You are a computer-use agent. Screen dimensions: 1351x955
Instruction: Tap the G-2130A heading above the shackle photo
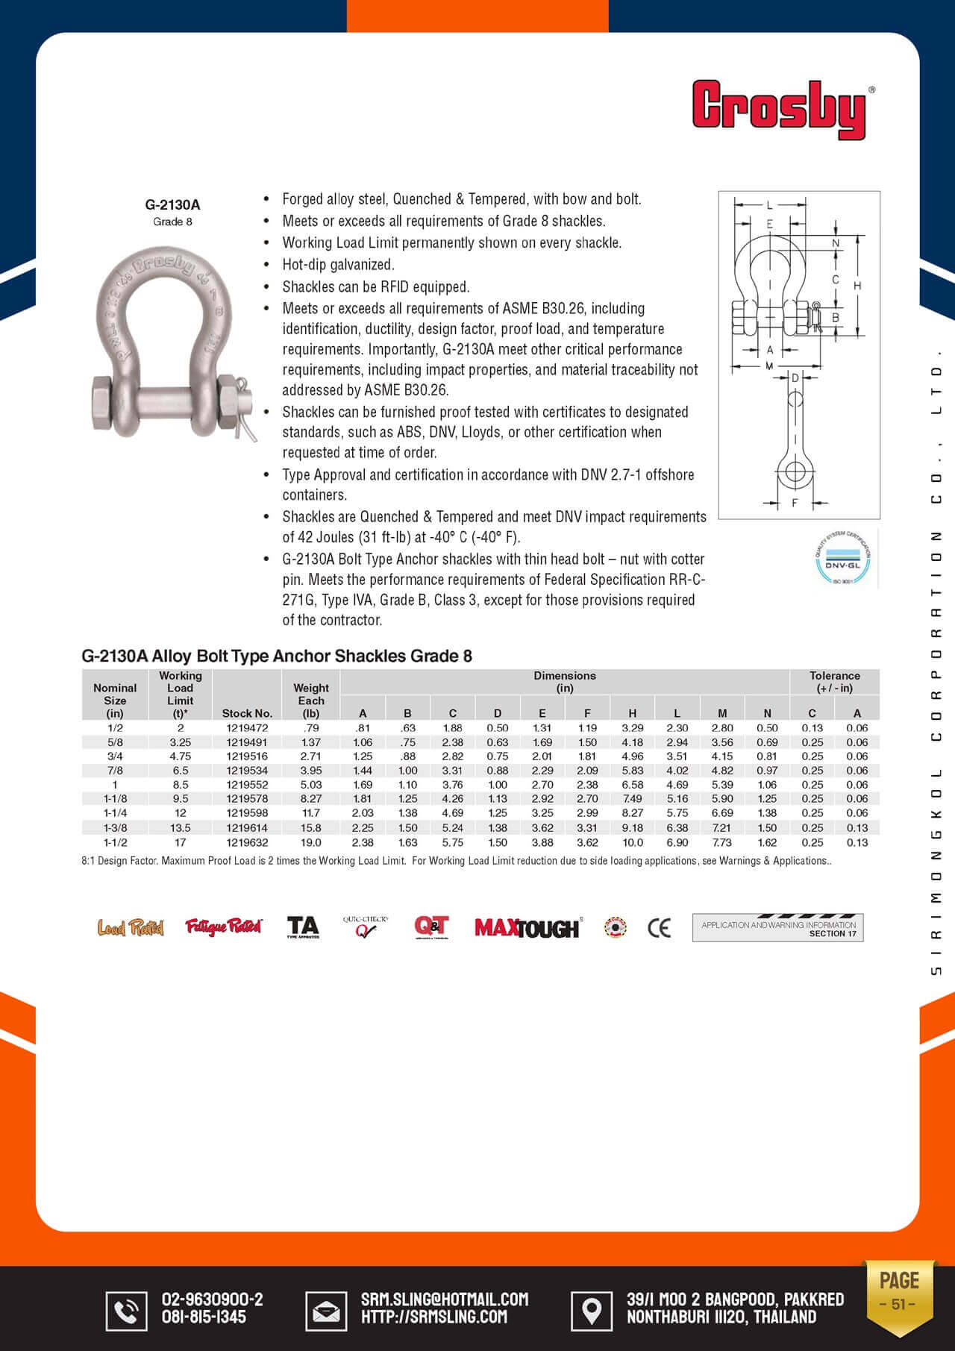172,204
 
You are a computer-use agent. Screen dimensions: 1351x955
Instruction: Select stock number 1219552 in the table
247,785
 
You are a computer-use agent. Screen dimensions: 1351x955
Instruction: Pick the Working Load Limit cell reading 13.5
181,827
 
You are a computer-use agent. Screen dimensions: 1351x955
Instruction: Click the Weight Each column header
311,700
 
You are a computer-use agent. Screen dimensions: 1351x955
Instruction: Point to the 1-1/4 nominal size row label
115,813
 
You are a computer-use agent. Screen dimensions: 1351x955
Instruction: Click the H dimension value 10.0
633,842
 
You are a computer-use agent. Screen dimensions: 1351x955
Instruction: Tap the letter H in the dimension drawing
857,286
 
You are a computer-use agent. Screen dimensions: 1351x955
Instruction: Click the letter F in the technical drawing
795,503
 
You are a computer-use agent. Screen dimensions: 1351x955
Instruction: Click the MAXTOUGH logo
527,927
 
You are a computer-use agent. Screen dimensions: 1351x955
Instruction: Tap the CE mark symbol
659,927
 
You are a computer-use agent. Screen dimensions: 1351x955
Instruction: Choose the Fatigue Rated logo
224,927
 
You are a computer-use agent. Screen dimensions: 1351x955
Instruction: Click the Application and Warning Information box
777,927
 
